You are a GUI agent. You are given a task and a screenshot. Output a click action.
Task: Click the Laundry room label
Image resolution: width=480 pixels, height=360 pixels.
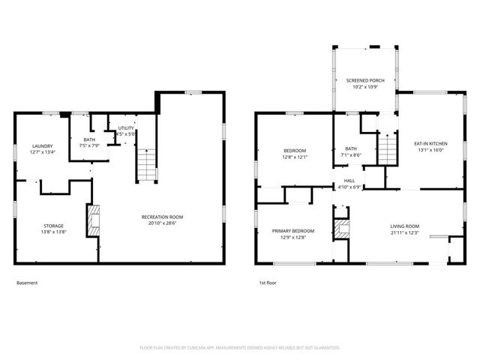coord(42,145)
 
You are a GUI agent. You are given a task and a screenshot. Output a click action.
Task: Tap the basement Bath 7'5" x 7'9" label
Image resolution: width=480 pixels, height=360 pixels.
coord(89,139)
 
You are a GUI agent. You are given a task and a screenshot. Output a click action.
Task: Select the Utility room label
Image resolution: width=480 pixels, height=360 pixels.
coord(125,128)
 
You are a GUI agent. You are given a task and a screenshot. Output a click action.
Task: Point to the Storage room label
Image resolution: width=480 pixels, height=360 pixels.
coord(52,226)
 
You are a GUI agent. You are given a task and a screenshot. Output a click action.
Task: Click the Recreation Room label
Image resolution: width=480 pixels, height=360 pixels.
coord(162,217)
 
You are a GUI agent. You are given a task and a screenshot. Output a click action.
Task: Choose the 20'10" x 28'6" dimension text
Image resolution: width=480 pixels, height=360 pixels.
coord(162,223)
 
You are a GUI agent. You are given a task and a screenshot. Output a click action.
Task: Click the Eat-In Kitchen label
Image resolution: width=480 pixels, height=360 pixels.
coord(430,142)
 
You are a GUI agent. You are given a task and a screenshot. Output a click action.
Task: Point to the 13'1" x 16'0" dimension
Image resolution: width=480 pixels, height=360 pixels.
coord(430,149)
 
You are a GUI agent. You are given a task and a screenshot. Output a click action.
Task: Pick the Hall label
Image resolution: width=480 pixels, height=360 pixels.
coord(349,180)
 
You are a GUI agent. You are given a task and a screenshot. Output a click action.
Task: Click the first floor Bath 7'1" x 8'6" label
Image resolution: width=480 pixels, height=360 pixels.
coord(351,148)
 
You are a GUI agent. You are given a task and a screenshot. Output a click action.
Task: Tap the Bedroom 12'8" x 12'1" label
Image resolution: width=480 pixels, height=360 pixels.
coord(294,151)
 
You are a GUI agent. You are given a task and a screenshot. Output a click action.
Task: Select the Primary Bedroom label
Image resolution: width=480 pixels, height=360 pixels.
coord(292,230)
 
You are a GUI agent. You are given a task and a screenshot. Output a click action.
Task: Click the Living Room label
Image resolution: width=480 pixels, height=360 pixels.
coord(404,226)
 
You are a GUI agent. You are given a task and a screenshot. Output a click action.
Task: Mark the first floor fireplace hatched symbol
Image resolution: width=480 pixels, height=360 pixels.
coord(342,229)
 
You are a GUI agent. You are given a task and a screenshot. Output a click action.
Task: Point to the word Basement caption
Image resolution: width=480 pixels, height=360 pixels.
coord(27,283)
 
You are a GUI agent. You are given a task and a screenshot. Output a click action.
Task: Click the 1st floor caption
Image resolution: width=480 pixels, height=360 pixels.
coord(268,283)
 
